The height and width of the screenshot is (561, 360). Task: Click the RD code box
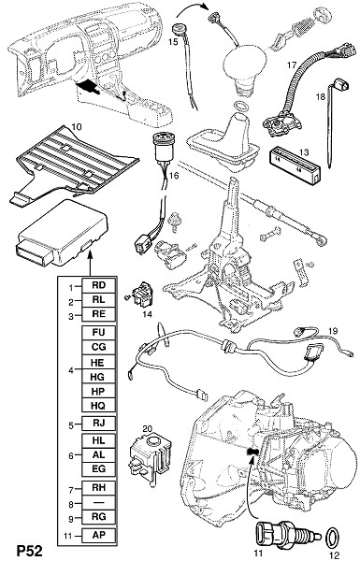(99, 285)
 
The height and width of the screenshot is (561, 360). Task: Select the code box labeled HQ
(99, 406)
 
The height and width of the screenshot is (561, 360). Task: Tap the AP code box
(99, 535)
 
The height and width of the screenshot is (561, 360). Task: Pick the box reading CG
(99, 347)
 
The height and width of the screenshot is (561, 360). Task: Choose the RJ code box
(99, 423)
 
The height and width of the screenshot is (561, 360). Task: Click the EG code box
(99, 469)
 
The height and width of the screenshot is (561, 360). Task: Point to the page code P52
(30, 551)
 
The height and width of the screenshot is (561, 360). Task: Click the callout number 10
(77, 126)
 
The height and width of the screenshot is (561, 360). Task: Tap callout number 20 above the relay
(148, 428)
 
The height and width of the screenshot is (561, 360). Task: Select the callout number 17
(292, 65)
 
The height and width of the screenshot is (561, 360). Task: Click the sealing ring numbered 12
(333, 537)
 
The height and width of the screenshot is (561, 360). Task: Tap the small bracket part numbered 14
(142, 295)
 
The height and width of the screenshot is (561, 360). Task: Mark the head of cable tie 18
(343, 84)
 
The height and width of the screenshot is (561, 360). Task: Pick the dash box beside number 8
(99, 502)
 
